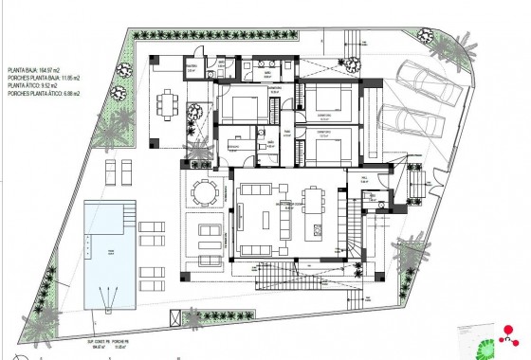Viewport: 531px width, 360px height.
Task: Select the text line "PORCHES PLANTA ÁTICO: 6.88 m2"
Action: pos(44,95)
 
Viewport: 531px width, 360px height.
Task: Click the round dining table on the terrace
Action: pos(204,192)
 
